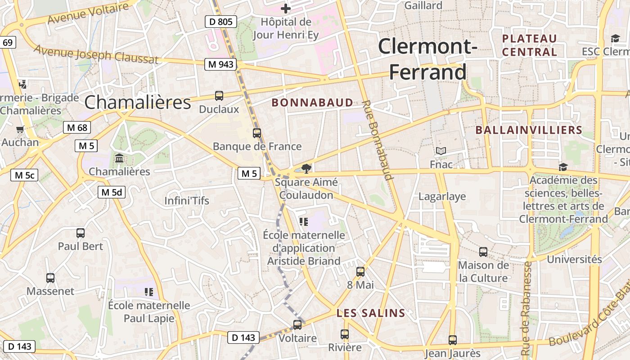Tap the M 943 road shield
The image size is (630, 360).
click(221, 64)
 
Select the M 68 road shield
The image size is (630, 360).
click(77, 127)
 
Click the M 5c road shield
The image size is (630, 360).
click(24, 175)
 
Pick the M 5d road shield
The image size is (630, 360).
click(112, 192)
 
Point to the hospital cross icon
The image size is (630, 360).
click(286, 8)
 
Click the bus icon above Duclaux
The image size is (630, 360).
click(219, 95)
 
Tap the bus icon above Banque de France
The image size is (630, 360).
click(257, 133)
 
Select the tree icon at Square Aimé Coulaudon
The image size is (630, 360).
click(306, 169)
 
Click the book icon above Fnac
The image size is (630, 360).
click(441, 151)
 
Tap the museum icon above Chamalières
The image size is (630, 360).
click(119, 158)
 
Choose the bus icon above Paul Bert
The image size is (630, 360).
click(81, 233)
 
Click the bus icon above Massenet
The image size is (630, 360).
click(50, 278)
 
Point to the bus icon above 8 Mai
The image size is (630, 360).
click(360, 271)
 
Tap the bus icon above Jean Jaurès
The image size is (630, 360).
click(453, 340)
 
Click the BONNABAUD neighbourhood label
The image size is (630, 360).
click(312, 103)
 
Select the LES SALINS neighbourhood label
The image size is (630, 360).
click(371, 313)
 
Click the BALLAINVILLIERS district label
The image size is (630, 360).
click(529, 130)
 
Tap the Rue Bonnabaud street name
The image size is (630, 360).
click(378, 140)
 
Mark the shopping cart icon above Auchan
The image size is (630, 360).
click(20, 130)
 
